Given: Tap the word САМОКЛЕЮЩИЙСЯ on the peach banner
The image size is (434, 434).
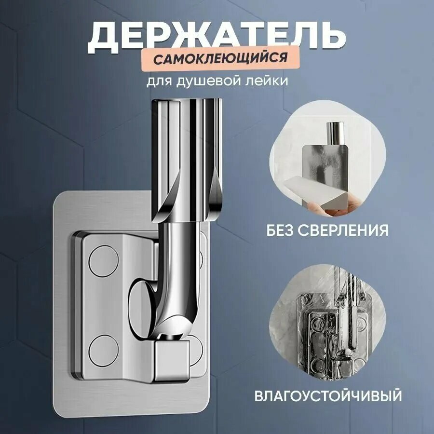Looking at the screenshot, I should coord(220,59).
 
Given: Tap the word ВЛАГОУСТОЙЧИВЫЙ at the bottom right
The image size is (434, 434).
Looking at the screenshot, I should coord(328,396).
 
